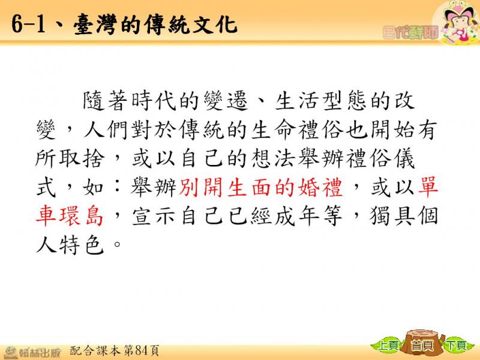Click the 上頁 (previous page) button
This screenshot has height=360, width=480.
387,346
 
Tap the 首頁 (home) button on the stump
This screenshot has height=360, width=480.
422,346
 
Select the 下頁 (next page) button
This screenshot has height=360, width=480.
456,346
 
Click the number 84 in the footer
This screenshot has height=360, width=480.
142,350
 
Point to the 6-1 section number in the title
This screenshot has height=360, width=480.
28,24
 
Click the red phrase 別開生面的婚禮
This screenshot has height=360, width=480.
260,187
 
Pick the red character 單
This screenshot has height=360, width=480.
428,187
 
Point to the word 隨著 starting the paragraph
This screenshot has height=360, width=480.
105,101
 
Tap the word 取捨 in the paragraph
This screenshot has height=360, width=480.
82,158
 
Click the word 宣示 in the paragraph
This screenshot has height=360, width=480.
154,216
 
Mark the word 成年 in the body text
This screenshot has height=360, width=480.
296,216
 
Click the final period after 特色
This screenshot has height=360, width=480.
117,245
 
